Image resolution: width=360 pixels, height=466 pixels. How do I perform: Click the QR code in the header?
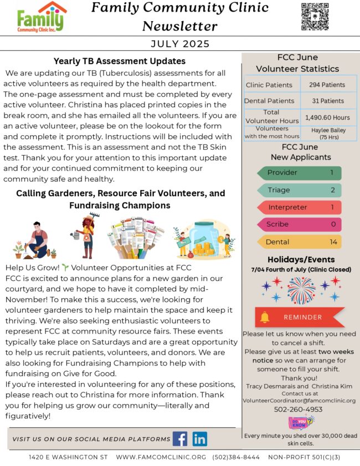(315, 17)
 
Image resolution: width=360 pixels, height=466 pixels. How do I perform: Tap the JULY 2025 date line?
(180, 44)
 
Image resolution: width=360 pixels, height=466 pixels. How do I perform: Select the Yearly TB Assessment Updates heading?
(119, 61)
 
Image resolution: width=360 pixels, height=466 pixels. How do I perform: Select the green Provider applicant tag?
(299, 173)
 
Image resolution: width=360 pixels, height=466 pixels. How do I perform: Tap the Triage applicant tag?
(299, 190)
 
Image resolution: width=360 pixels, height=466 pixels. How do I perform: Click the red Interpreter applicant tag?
(299, 207)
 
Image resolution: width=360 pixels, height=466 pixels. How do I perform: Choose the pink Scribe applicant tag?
(299, 224)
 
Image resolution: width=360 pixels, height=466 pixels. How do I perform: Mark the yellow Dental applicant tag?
(299, 242)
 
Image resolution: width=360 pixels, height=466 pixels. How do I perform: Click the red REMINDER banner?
(299, 318)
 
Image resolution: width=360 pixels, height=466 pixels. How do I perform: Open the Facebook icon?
(180, 439)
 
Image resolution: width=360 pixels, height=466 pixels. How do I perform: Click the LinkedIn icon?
(200, 439)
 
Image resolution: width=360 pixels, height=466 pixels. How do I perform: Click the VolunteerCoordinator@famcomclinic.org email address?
(299, 400)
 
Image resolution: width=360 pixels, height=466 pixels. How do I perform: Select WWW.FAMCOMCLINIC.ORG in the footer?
(161, 457)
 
